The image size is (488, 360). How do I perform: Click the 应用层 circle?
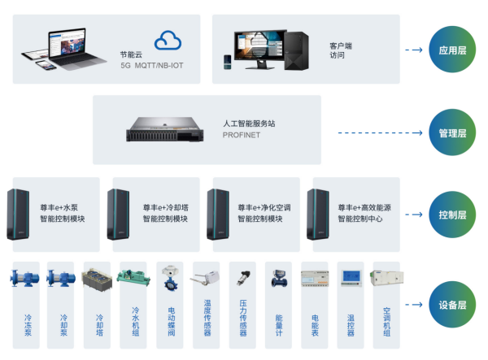pos(452,50)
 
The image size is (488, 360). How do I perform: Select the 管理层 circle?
pos(452,133)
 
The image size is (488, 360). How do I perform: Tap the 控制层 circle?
pos(452,215)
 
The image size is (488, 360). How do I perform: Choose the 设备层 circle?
pos(452,305)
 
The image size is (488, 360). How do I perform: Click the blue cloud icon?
pos(168,40)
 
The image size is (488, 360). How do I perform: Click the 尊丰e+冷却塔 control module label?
pos(167,213)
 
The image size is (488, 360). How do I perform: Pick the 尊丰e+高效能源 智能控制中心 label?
pos(365,213)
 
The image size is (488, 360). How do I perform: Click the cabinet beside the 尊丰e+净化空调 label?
pos(217,214)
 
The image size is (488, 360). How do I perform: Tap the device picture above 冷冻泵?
pos(25,277)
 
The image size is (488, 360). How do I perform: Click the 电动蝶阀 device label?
pos(171,321)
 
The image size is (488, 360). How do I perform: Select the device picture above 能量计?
pos(278,277)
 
